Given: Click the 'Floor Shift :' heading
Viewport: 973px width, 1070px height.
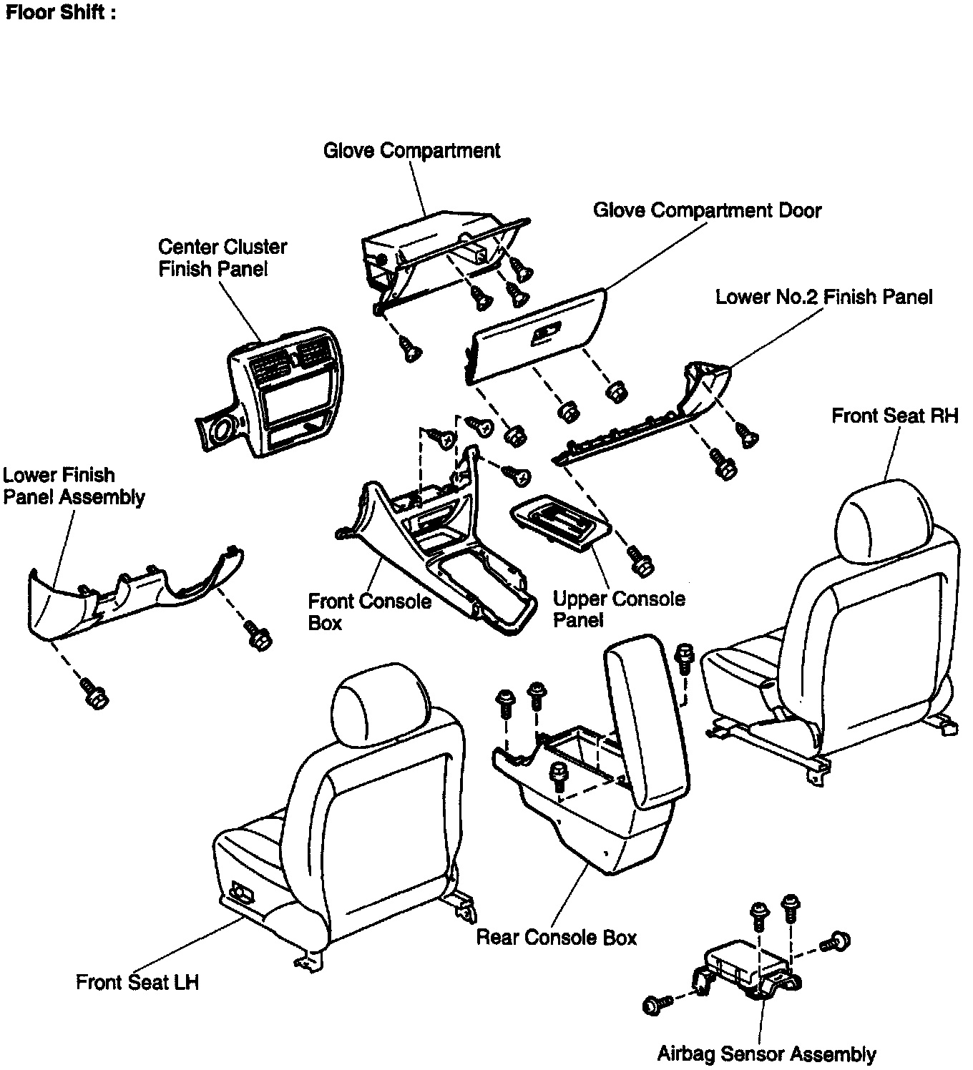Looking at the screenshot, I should tap(60, 13).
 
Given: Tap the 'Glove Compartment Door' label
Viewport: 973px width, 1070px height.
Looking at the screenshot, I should tap(707, 210).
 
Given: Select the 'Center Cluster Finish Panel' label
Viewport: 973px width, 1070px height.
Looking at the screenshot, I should tap(223, 257).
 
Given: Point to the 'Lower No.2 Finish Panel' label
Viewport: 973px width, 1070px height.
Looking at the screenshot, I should tap(823, 297).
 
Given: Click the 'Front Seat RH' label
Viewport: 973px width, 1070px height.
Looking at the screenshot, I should tap(894, 416).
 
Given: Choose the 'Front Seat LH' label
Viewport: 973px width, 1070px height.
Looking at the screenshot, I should tap(137, 982).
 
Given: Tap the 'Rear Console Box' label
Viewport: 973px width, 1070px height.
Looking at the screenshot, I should tap(556, 937).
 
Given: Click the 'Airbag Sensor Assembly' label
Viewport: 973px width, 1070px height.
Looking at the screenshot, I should tap(766, 1054).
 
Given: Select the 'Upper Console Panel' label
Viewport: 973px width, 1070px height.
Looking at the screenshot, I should tap(619, 609).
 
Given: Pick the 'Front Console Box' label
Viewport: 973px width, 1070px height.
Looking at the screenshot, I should tap(369, 612).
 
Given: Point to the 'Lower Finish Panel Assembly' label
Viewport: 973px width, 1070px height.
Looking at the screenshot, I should tap(74, 486).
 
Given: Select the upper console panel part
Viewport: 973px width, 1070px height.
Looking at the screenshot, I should tap(561, 521).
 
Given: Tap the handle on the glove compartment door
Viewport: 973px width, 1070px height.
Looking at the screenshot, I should tap(547, 334).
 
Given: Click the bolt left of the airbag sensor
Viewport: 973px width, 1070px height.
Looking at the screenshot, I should tap(654, 1005).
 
